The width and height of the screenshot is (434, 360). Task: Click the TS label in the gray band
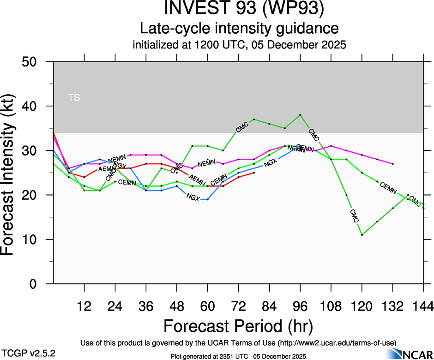tap(74, 97)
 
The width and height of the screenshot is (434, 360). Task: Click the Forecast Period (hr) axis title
tap(238, 326)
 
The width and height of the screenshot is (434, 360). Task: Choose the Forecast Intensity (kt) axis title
tap(12, 173)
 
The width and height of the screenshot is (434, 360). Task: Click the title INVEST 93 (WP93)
tap(238, 9)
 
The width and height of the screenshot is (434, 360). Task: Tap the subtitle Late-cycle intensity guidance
tap(239, 28)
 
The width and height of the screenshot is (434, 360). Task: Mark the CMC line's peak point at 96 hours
tap(300, 114)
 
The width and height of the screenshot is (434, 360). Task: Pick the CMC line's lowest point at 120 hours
tap(362, 235)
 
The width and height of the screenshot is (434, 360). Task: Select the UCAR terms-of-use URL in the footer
tap(337, 342)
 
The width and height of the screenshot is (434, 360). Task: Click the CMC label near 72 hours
tap(242, 128)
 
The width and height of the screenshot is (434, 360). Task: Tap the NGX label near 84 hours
tap(270, 162)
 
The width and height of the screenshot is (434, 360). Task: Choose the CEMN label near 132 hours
tap(388, 188)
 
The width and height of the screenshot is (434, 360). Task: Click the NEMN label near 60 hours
tap(206, 163)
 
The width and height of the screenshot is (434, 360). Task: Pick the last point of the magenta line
tap(393, 164)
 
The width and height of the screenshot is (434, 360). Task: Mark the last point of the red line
tap(254, 173)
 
